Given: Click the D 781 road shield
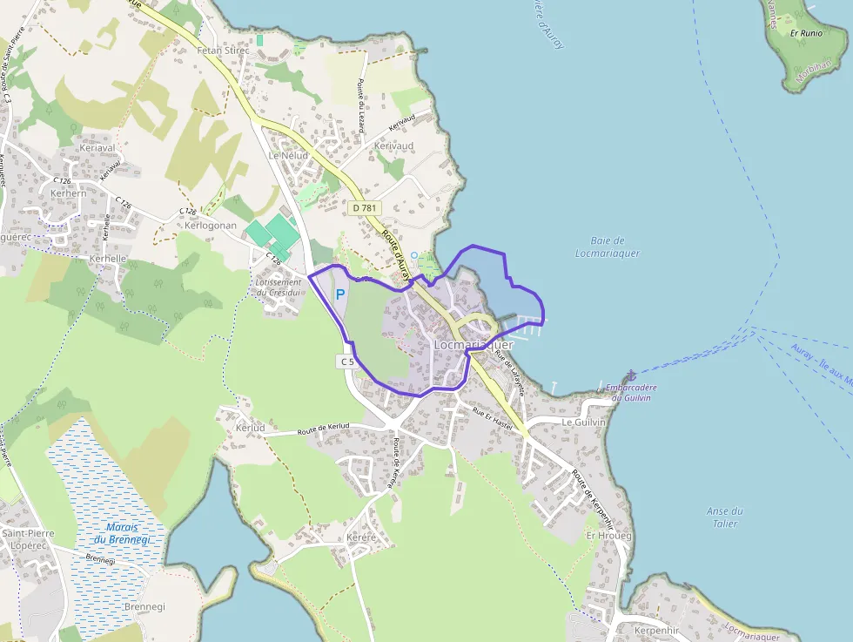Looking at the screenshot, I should (366, 208).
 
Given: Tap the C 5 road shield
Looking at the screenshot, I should (346, 361).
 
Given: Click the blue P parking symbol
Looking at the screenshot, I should (340, 294).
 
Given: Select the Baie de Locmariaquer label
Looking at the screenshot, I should (608, 247).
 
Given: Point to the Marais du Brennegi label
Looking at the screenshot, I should (122, 533).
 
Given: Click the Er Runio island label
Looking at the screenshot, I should (806, 33).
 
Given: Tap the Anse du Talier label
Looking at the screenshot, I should (724, 517).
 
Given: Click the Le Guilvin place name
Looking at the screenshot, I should (582, 422).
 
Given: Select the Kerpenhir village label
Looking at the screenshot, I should (656, 629).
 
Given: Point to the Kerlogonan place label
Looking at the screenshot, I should (211, 225).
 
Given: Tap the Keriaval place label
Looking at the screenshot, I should (97, 148).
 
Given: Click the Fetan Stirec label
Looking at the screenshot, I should (224, 51).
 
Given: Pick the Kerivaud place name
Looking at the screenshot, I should (393, 146).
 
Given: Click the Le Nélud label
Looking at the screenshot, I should (288, 155).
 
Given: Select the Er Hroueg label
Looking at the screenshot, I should (609, 535).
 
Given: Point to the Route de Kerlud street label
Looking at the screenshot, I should (323, 427).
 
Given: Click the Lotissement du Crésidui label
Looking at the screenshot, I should (278, 287).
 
